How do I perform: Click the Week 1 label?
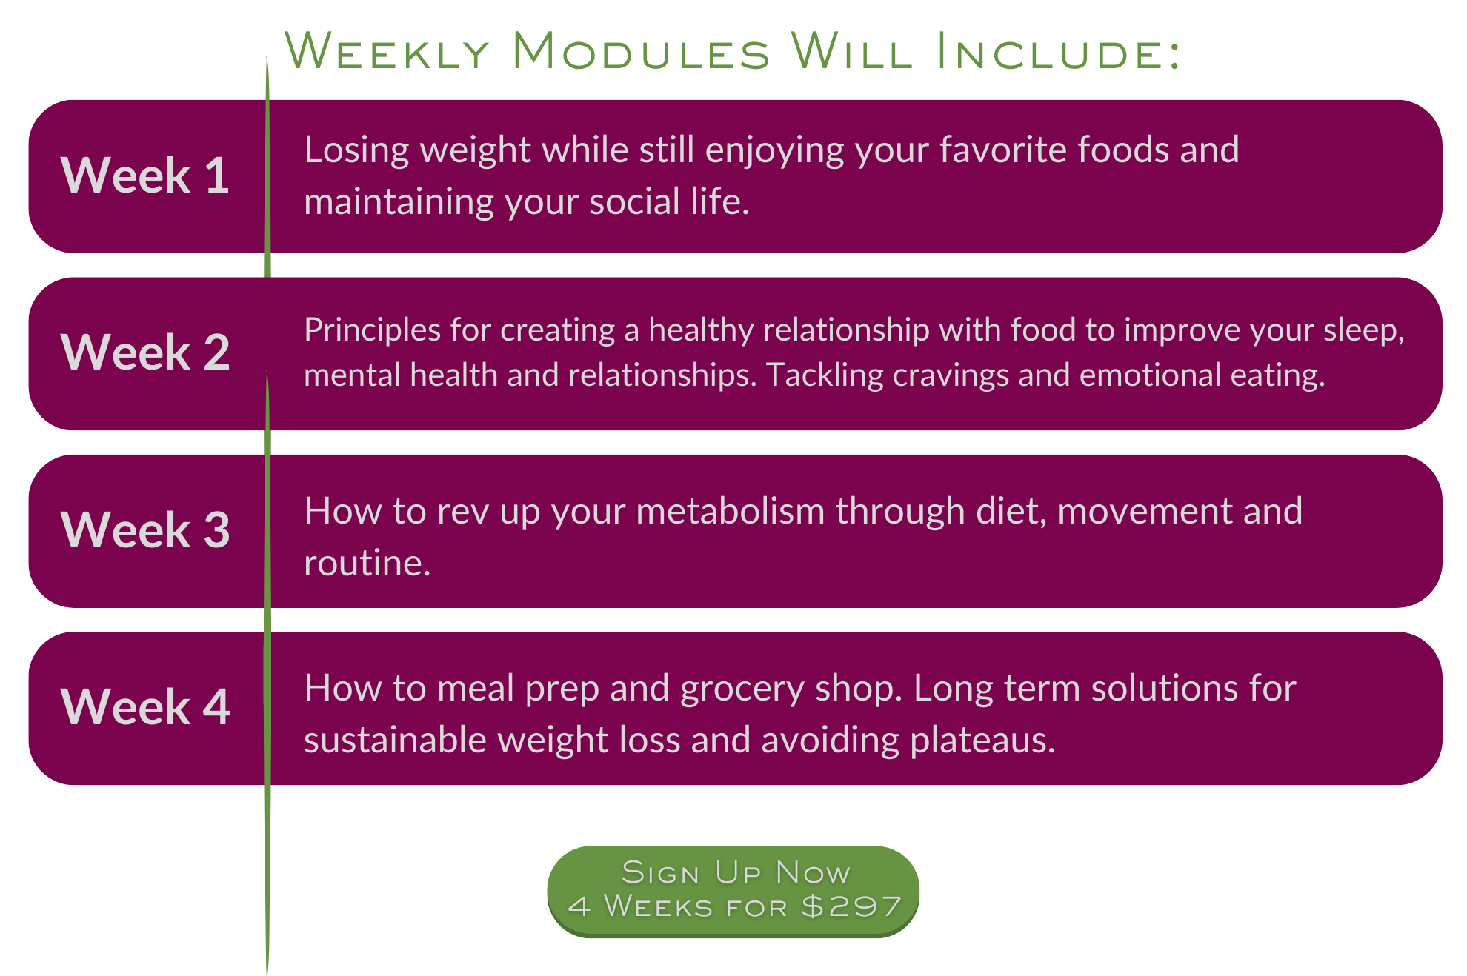[x=145, y=176]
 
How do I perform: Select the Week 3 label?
[x=145, y=529]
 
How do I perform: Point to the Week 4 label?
[x=145, y=706]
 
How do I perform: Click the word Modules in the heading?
[x=642, y=52]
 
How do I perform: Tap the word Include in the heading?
[x=1059, y=52]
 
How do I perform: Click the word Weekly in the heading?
[x=387, y=52]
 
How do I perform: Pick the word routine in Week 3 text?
[x=367, y=563]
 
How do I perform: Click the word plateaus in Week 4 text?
[x=982, y=741]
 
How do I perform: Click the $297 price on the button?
[x=851, y=906]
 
